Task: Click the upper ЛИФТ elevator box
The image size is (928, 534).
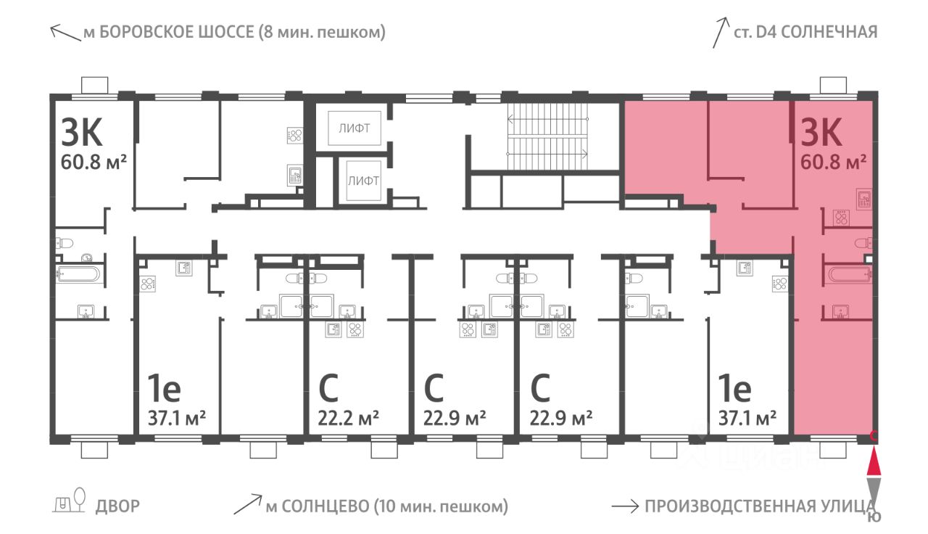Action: click(x=355, y=128)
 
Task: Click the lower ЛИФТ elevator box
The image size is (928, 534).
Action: click(x=363, y=181)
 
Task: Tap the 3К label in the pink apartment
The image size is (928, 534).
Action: click(x=821, y=132)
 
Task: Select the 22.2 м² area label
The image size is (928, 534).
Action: click(x=348, y=419)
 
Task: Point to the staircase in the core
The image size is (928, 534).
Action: click(x=547, y=136)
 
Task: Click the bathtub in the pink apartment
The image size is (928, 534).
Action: click(x=848, y=275)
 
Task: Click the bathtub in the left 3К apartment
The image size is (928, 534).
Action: click(x=78, y=274)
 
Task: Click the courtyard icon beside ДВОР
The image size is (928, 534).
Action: click(x=70, y=501)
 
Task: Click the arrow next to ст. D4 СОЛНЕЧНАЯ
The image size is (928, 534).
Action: click(x=720, y=33)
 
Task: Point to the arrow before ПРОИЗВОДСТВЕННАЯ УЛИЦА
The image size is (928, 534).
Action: click(x=625, y=507)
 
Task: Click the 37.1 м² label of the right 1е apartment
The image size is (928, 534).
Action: click(x=747, y=419)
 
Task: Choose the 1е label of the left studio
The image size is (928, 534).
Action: click(x=165, y=388)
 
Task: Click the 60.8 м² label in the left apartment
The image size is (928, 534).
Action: click(x=94, y=162)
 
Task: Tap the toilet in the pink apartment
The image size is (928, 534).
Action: click(x=863, y=243)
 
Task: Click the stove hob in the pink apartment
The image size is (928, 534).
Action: click(x=842, y=218)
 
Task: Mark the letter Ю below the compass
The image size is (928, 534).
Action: click(x=874, y=517)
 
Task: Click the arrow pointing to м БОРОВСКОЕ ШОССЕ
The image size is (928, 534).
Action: click(x=65, y=33)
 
